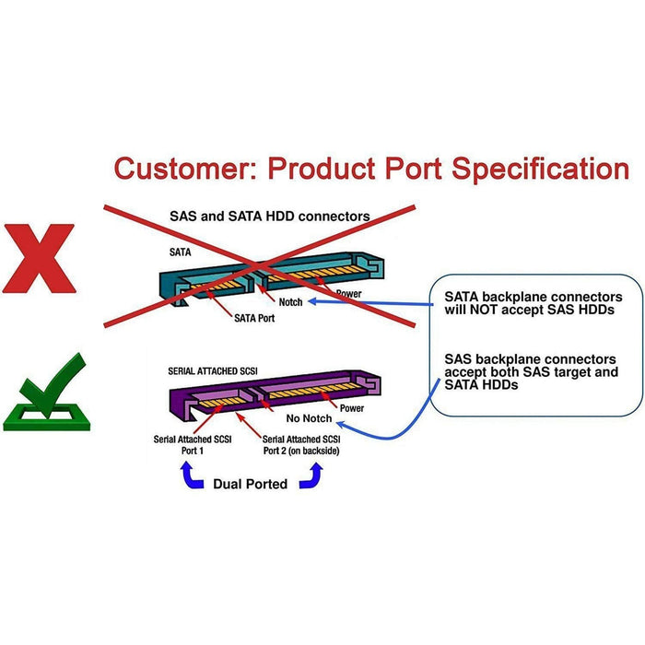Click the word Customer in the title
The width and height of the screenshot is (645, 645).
click(x=181, y=170)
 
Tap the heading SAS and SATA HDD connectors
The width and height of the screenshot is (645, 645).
click(x=269, y=217)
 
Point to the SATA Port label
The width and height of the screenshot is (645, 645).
click(x=255, y=319)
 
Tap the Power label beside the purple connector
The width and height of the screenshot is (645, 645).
click(x=352, y=407)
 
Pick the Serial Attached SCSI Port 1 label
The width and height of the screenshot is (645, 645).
click(x=193, y=445)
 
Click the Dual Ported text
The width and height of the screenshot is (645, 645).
click(x=250, y=484)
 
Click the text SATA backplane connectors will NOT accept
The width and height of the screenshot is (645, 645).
click(x=533, y=303)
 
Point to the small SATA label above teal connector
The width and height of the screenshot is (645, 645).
click(x=181, y=251)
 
